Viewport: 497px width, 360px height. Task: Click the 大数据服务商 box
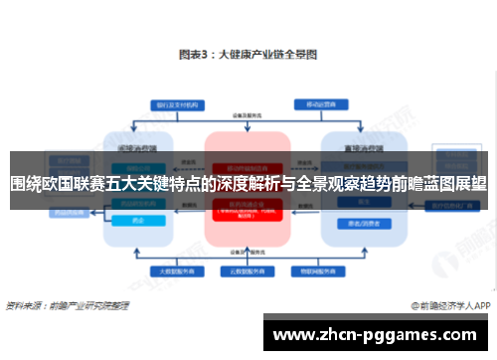[173, 270]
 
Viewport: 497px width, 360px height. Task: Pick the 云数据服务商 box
[247, 270]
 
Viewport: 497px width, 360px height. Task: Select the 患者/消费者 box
[355, 223]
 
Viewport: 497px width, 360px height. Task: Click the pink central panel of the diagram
[247, 189]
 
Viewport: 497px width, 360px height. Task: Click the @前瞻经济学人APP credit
[445, 304]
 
